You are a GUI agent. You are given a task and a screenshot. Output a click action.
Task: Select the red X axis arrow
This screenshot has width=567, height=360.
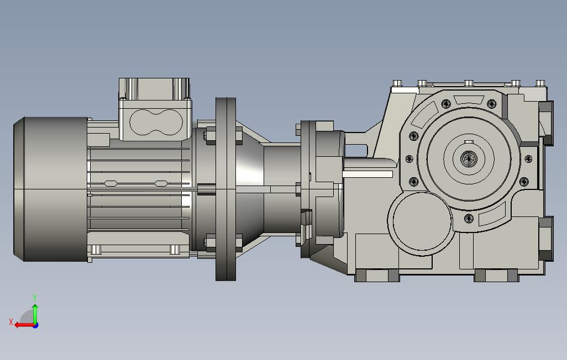(24, 325)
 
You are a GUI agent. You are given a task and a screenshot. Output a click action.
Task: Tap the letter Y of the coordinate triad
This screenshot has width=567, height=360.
(35, 298)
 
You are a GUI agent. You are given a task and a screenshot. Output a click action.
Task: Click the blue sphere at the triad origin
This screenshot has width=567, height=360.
(35, 325)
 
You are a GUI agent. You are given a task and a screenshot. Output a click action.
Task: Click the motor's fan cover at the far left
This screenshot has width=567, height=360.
(50, 189)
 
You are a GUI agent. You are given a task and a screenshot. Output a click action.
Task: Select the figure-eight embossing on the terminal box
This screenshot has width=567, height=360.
(156, 122)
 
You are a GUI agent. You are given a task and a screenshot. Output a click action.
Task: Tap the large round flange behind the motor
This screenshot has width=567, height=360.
(225, 189)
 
